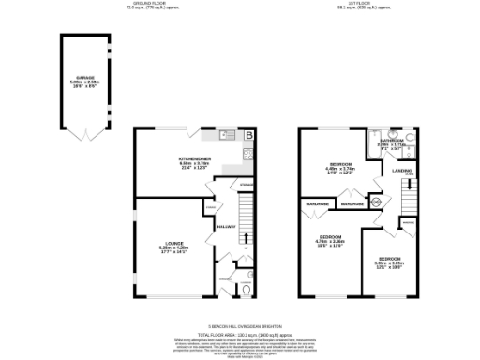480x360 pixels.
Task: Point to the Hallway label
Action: [x=225, y=226]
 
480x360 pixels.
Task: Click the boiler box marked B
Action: [x=248, y=137]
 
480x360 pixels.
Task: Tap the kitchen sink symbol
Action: [x=229, y=135]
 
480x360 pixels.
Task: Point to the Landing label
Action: [x=402, y=172]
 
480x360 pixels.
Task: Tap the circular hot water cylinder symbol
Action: [x=375, y=201]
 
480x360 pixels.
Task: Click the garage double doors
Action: [x=85, y=137]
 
